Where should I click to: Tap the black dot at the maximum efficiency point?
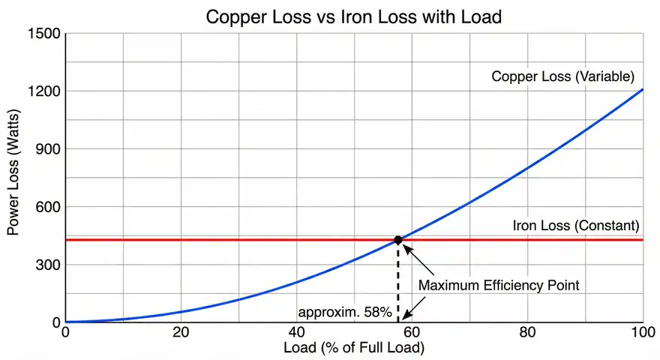tap(398, 240)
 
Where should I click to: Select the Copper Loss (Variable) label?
tap(563, 76)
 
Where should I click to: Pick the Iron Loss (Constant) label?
tap(575, 225)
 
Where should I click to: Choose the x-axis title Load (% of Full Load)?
tap(354, 348)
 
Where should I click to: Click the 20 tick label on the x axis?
tap(181, 333)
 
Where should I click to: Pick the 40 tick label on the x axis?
tap(296, 333)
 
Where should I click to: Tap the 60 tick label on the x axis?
tap(412, 333)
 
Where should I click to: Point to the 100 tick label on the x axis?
tap(642, 333)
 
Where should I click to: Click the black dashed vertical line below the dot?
tap(398, 281)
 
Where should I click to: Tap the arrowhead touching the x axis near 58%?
tap(403, 318)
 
